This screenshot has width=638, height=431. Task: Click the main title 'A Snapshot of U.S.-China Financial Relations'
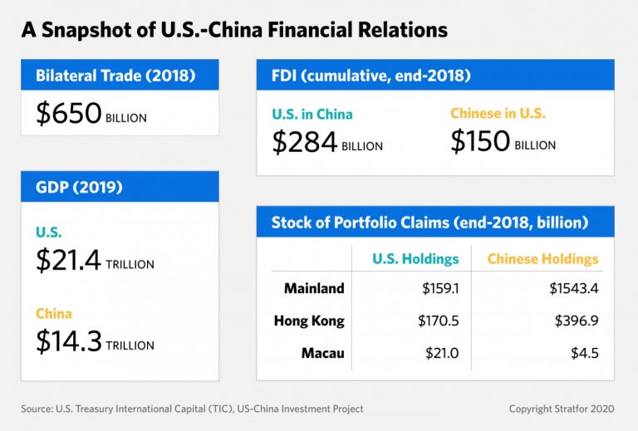pyautogui.click(x=234, y=31)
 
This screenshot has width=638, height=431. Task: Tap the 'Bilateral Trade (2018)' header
pyautogui.click(x=115, y=76)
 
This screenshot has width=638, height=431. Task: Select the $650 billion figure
pyautogui.click(x=91, y=114)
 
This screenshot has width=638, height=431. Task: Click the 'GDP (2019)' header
pyautogui.click(x=79, y=187)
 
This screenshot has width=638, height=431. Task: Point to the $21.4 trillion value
pyautogui.click(x=95, y=261)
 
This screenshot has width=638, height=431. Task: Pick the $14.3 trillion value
pyautogui.click(x=95, y=341)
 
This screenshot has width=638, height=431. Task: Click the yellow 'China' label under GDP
pyautogui.click(x=53, y=314)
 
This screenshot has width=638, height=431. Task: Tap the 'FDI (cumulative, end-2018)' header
pyautogui.click(x=371, y=76)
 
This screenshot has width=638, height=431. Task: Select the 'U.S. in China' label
pyautogui.click(x=312, y=114)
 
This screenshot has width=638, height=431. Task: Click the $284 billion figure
pyautogui.click(x=327, y=142)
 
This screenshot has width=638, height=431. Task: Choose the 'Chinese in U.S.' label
pyautogui.click(x=498, y=114)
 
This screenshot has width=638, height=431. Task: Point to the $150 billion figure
pyautogui.click(x=503, y=142)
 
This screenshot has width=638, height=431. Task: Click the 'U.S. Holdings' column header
pyautogui.click(x=415, y=259)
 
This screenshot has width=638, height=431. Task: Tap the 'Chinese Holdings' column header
pyautogui.click(x=542, y=259)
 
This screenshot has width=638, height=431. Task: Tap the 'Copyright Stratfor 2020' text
pyautogui.click(x=562, y=409)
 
